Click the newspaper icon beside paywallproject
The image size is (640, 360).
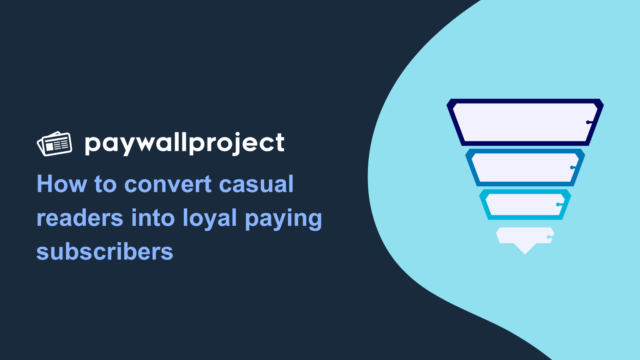coord(54,144)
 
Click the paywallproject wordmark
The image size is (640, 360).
coord(185,144)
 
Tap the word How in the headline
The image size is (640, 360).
coord(62,184)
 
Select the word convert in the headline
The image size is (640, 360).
coord(168,184)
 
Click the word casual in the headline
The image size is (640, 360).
coord(256,184)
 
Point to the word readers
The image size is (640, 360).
coord(80,218)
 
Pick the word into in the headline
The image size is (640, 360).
coord(153,218)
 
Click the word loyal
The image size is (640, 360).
coord(210,220)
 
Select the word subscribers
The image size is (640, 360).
coord(105,251)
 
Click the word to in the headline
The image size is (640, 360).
coord(105,185)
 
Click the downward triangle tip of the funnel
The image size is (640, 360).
coord(525,254)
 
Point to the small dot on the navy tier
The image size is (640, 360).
coord(588,122)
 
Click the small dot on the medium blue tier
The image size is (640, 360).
coord(572,167)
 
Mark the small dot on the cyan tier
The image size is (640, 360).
coord(558,205)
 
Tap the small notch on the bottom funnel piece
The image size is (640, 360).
coord(549,237)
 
